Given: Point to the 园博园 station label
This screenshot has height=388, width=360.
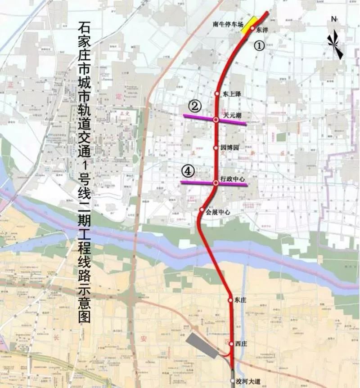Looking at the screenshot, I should point(230,147).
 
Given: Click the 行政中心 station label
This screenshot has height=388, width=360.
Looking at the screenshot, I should point(233,179).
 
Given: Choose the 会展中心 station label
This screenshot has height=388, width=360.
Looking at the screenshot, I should point(218,212).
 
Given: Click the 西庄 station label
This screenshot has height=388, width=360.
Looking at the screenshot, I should point(240,343).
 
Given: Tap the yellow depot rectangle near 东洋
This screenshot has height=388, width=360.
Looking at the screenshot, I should point(248,26).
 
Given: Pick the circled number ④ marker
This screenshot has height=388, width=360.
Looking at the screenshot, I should point(188,171).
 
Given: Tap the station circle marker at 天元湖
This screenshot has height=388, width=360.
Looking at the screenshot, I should point(216,120).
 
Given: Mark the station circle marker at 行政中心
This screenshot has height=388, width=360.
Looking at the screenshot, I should point(216,183).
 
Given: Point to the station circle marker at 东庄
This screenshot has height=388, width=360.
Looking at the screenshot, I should point(230,299).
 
